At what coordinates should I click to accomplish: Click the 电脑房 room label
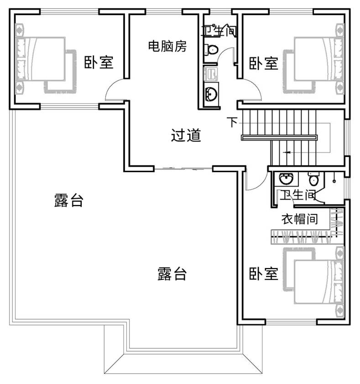[167, 46]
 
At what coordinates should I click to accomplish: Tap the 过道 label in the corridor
[186, 135]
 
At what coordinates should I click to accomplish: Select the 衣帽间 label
[300, 219]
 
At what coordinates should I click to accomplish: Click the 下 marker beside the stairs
[232, 122]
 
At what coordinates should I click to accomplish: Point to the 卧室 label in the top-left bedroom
[99, 62]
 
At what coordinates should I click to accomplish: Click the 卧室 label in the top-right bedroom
[264, 63]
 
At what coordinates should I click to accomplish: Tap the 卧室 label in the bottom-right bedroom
[264, 274]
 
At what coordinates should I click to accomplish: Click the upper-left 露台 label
[69, 200]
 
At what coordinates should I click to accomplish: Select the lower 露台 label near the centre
[172, 274]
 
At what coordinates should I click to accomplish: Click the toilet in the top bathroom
[211, 49]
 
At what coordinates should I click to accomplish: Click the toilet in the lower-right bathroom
[313, 179]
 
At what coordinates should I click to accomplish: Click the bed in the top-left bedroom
[45, 58]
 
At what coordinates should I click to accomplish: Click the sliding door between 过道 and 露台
[183, 168]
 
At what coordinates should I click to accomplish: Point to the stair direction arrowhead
[287, 153]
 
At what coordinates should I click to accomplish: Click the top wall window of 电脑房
[164, 11]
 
